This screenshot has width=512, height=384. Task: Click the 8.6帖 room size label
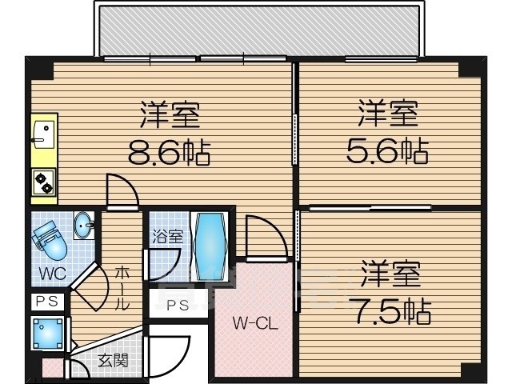click(169, 150)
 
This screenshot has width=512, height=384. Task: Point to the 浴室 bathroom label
click(169, 236)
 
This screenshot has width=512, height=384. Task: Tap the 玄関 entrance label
click(114, 361)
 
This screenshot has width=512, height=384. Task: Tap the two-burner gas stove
click(43, 184)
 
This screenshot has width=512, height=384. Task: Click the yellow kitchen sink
click(42, 134)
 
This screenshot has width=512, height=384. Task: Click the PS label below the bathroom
click(177, 304)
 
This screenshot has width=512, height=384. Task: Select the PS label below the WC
click(46, 301)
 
